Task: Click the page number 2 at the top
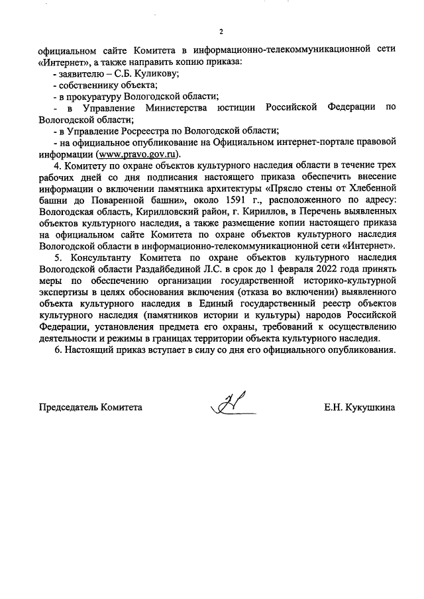coord(221,31)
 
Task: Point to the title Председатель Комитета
coord(90,408)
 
